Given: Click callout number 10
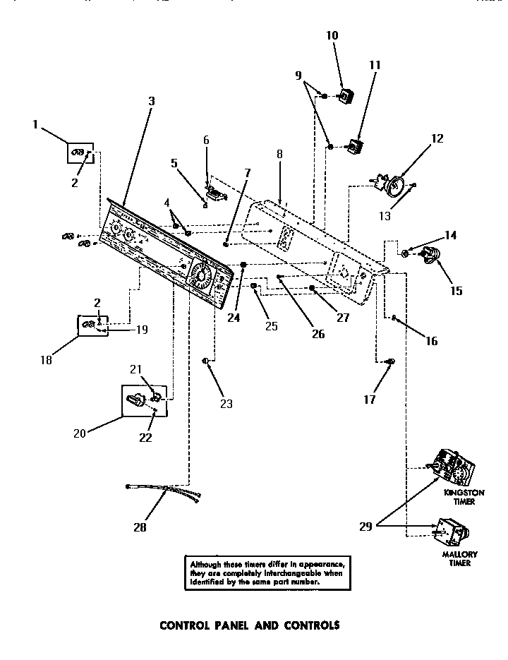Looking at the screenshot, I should click(332, 35).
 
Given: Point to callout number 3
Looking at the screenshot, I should click(151, 101).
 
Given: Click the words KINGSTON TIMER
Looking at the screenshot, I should click(459, 498).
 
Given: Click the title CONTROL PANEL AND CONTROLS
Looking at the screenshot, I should click(250, 625).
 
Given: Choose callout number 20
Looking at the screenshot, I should click(80, 433).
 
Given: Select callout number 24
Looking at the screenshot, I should click(234, 317).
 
